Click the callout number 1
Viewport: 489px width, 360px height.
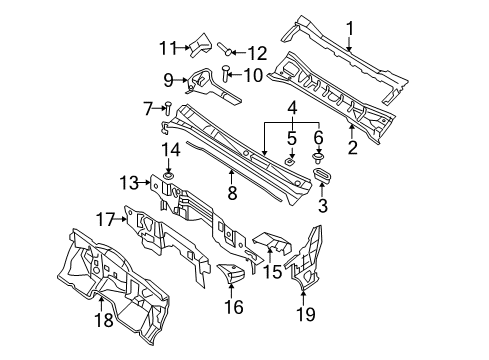[x=349, y=27]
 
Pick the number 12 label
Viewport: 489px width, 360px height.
[x=257, y=52]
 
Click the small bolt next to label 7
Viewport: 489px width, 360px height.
[x=167, y=109]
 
